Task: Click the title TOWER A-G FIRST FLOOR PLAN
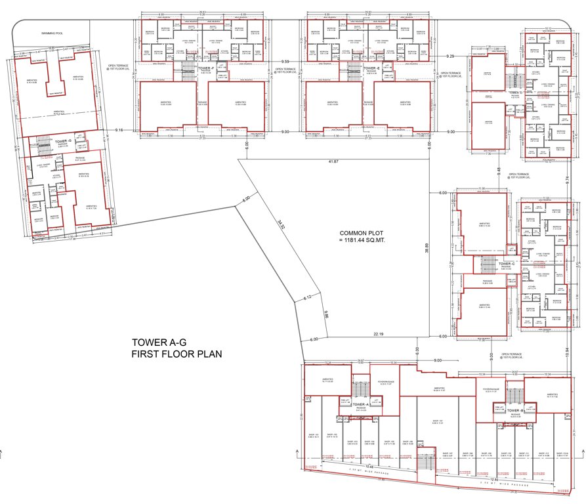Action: tap(177, 348)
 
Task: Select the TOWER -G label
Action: tap(63, 141)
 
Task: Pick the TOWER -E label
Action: tap(371, 68)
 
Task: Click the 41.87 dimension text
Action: tap(333, 161)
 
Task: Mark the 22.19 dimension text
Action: tap(379, 334)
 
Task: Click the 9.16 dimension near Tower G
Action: tap(119, 131)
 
